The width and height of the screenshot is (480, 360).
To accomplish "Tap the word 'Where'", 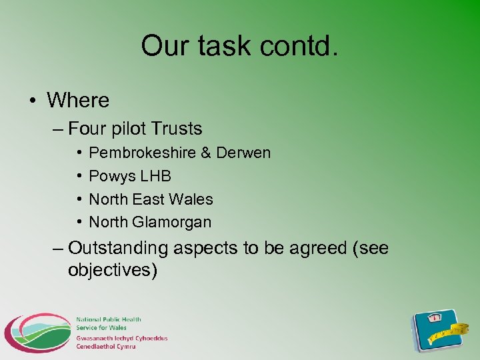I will [x=78, y=101].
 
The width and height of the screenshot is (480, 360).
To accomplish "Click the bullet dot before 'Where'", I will [x=32, y=101].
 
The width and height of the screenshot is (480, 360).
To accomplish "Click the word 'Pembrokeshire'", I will [x=142, y=153].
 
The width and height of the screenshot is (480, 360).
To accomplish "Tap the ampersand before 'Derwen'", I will [x=205, y=153].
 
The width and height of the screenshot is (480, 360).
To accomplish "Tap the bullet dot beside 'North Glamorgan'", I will [x=79, y=222].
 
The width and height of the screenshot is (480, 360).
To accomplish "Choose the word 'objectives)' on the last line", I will [x=113, y=271].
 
